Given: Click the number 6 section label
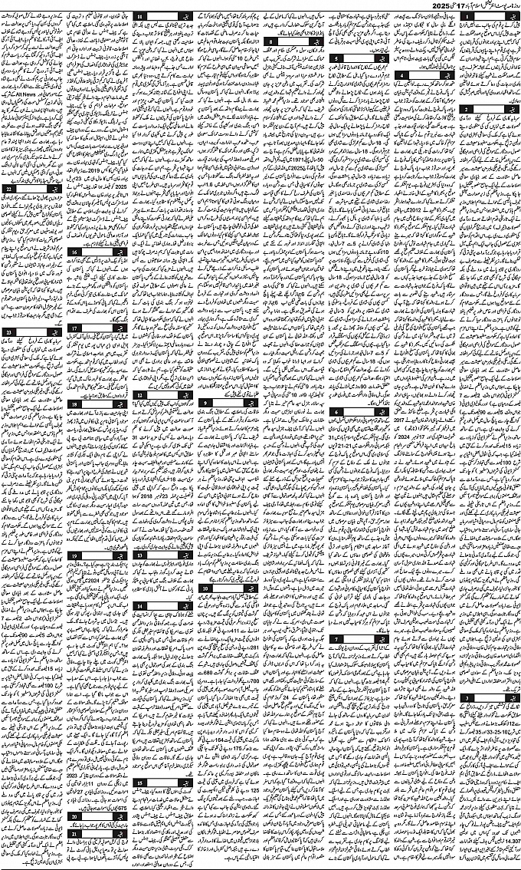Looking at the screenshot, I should [336, 413].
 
